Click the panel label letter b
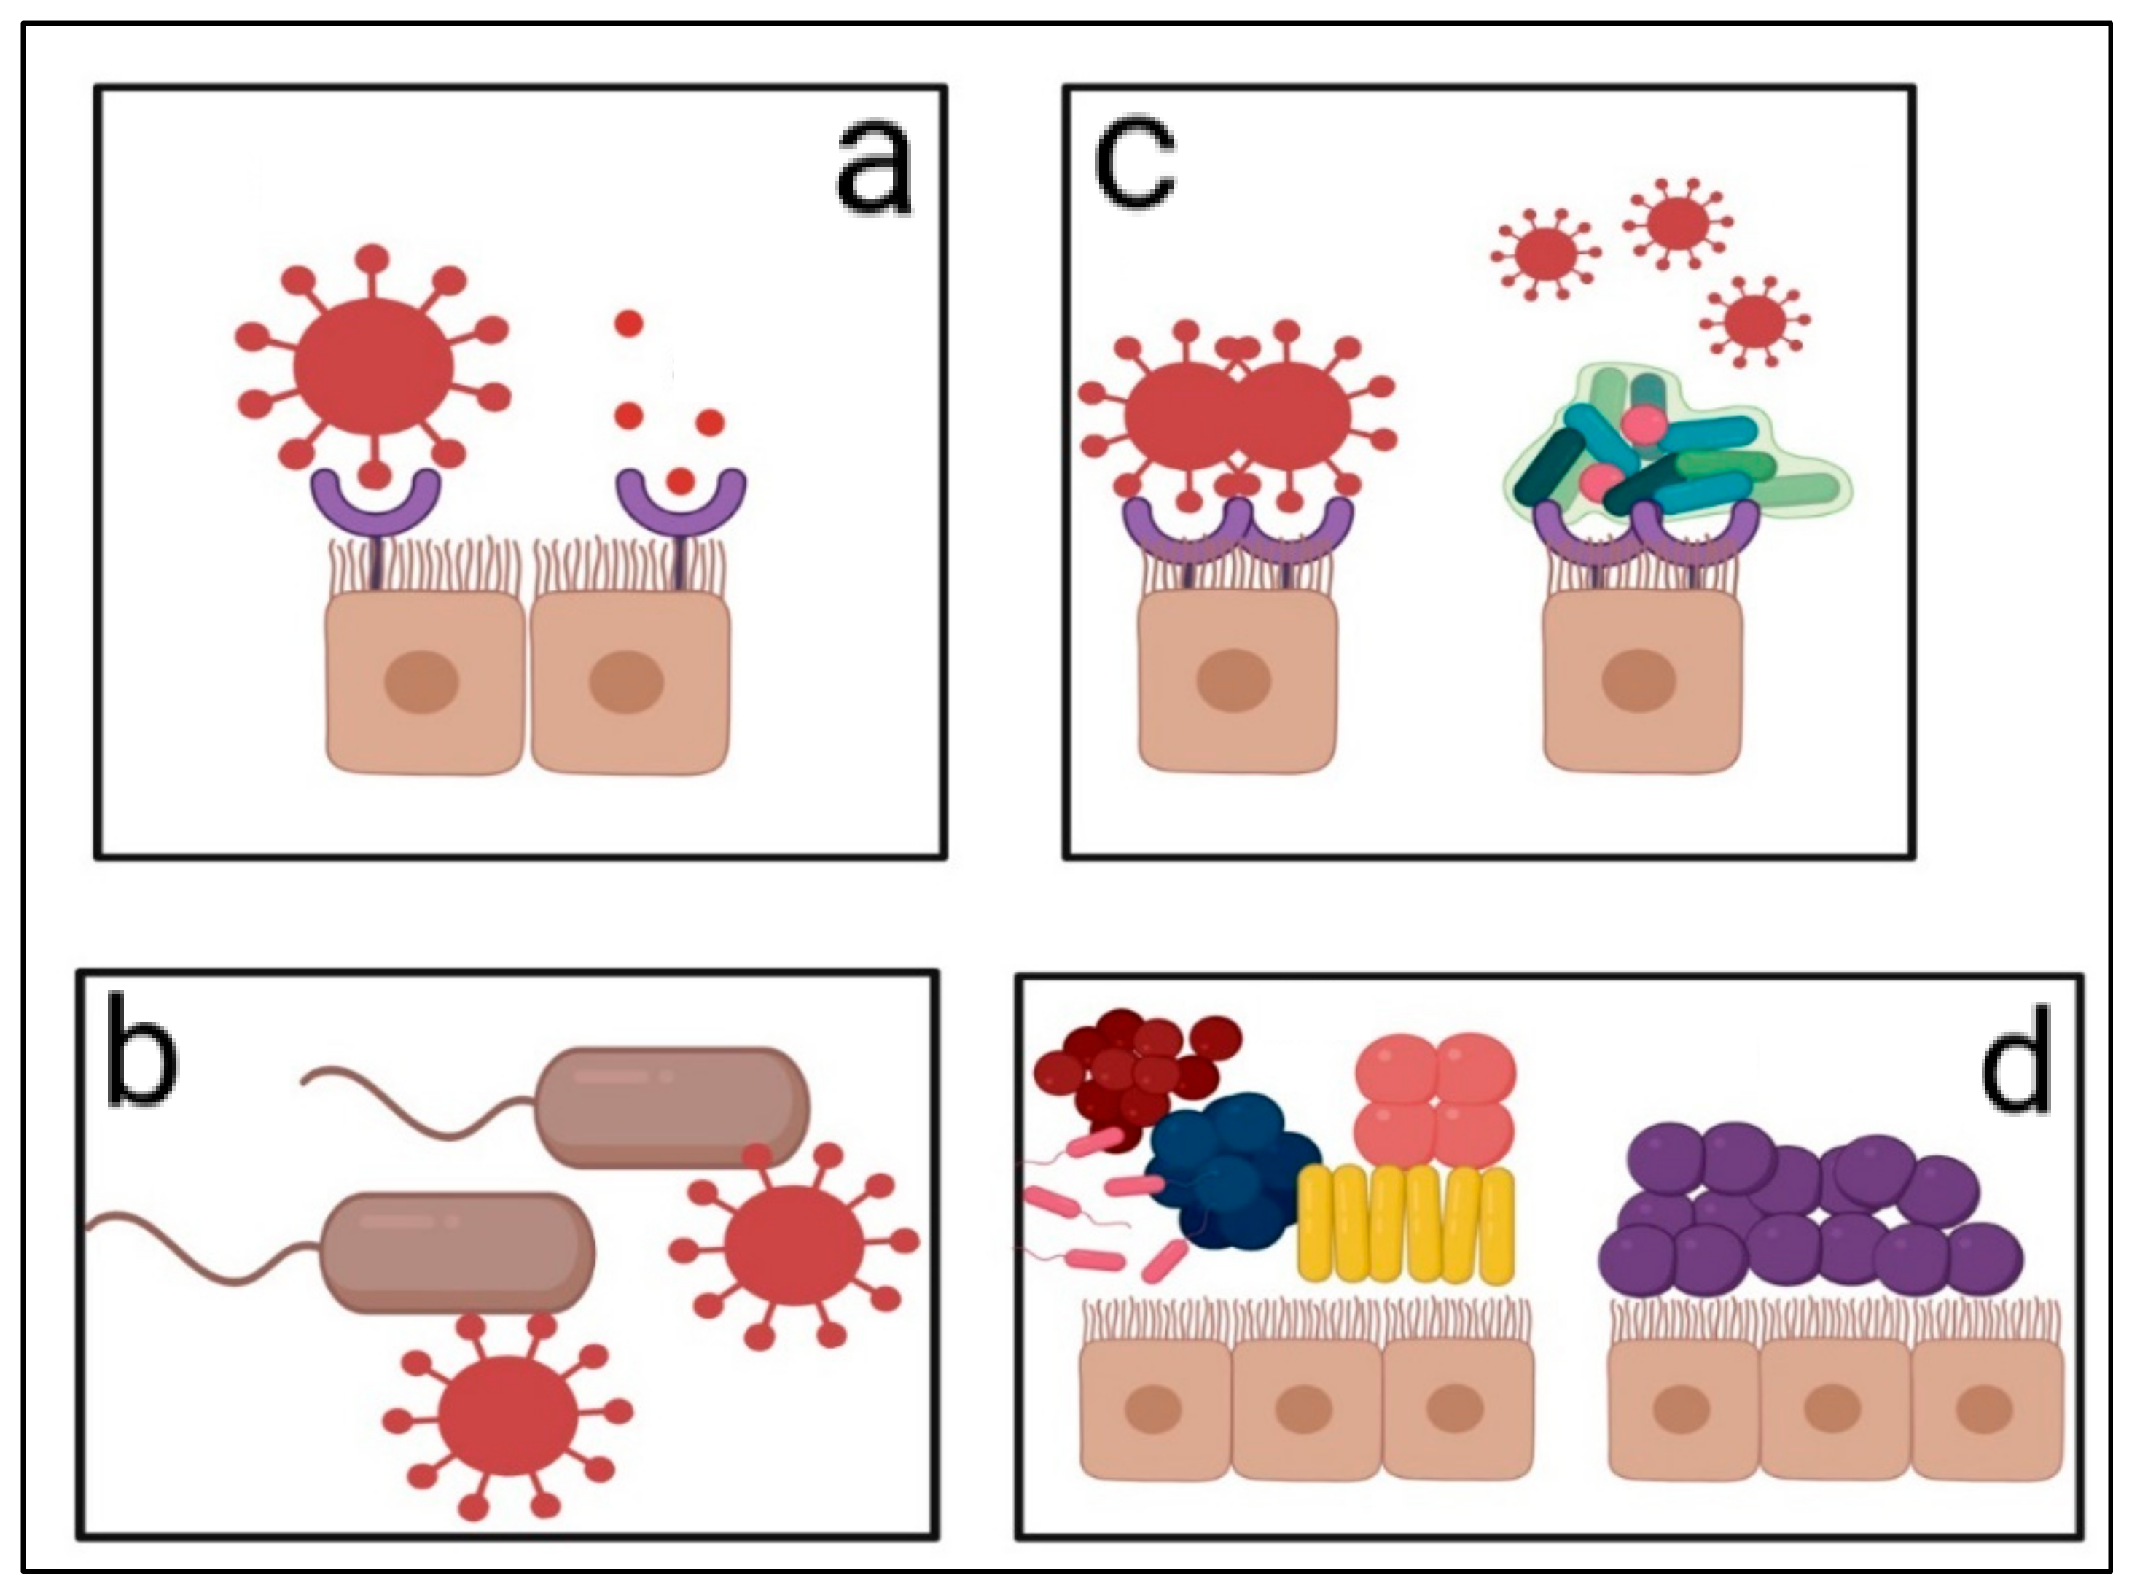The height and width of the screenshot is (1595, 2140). point(142,1059)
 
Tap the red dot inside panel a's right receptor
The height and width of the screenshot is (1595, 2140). point(681,480)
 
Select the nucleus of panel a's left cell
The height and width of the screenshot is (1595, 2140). point(421,682)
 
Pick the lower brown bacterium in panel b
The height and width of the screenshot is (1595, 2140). point(456,1253)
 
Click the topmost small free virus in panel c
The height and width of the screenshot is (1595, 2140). point(1676,222)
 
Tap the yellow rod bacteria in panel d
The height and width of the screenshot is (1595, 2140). point(1407,1224)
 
